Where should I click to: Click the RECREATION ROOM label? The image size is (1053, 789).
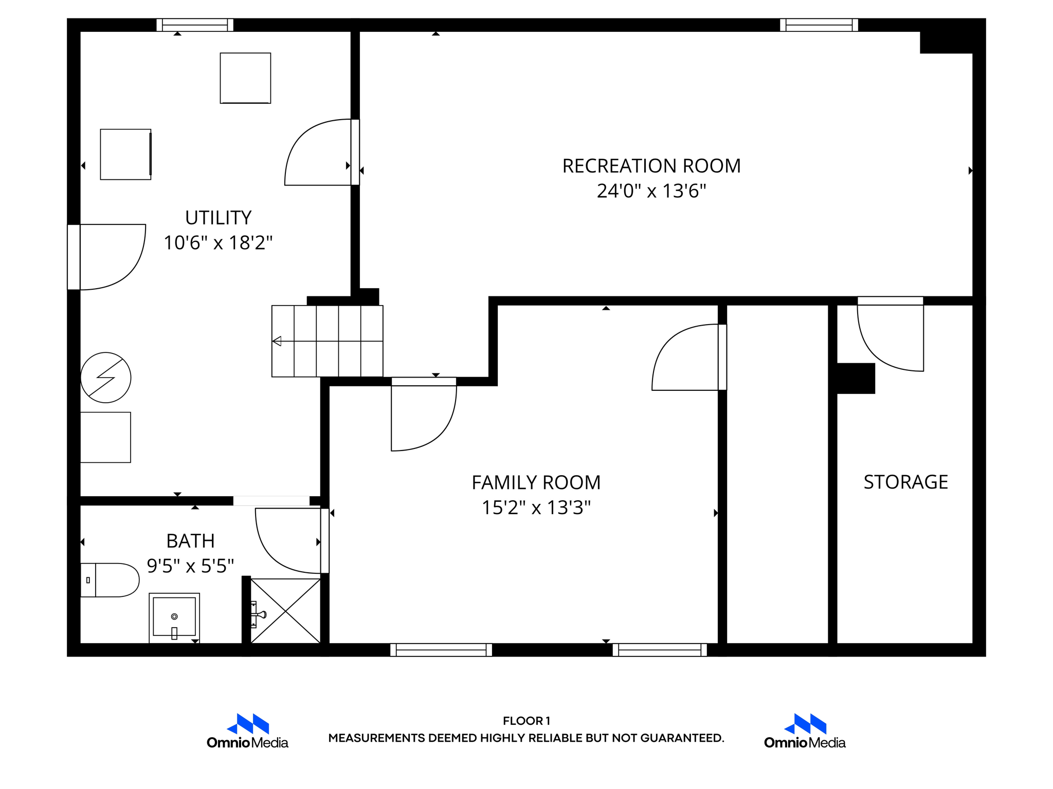651,166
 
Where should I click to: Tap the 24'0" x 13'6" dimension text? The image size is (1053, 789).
651,191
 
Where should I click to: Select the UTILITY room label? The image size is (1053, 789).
218,218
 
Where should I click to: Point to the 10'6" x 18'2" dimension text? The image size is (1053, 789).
218,242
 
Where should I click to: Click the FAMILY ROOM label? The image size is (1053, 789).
536,483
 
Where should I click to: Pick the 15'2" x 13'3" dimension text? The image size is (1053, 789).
536,508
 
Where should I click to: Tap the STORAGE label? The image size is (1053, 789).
905,482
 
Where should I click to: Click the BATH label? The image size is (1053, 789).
190,541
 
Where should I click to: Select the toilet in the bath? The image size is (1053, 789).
110,580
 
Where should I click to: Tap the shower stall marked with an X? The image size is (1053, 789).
286,611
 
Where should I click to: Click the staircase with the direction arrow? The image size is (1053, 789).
327,341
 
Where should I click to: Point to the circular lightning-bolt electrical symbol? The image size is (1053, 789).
106,378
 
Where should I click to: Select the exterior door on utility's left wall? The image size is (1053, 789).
107,257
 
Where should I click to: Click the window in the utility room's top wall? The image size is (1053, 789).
195,25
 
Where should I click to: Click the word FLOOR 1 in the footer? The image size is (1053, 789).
526,721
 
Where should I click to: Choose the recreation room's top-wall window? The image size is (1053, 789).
819,25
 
